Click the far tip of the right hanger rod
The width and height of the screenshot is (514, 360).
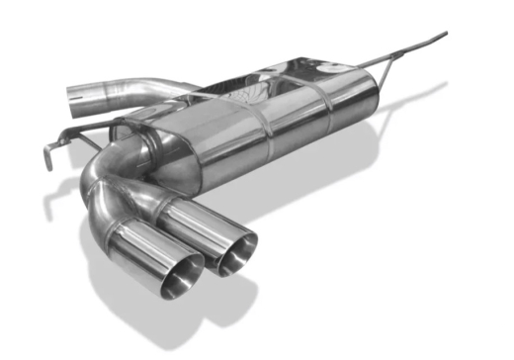point(443,35)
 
